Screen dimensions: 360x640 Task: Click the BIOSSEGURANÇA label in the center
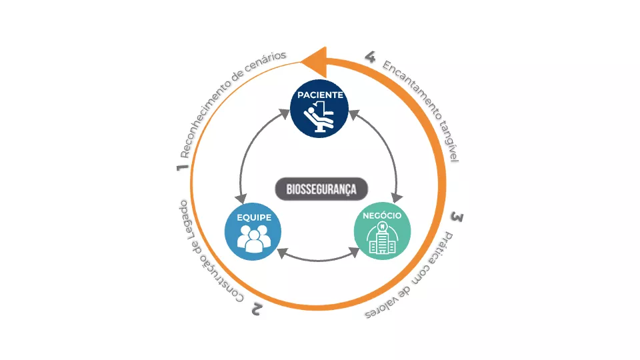(321, 189)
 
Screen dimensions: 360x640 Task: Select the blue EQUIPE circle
(253, 231)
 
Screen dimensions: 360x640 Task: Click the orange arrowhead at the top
(314, 61)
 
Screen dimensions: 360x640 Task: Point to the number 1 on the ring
(181, 167)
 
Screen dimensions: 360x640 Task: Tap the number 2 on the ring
(257, 307)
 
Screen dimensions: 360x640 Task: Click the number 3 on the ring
(456, 217)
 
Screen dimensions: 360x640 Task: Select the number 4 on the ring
(371, 56)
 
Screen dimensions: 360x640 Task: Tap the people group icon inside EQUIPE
(253, 239)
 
